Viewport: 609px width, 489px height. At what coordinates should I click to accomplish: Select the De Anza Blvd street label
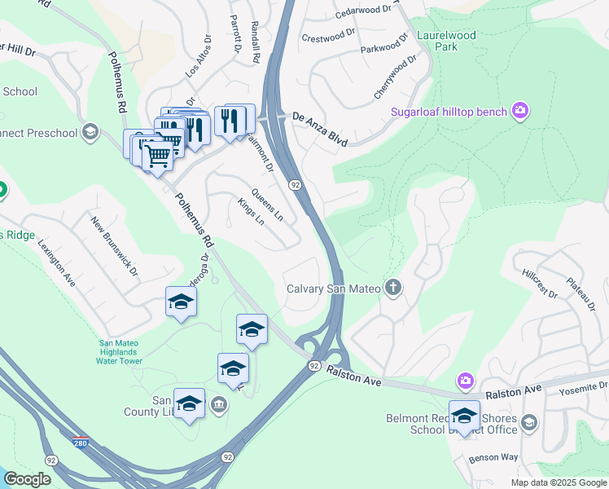point(320,129)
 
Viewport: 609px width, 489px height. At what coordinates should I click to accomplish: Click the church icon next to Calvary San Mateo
point(393,287)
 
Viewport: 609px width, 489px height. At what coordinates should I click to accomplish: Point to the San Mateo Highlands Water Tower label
point(119,352)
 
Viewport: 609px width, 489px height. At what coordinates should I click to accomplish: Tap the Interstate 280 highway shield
point(80,442)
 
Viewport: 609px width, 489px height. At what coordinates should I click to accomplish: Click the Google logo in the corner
point(27,479)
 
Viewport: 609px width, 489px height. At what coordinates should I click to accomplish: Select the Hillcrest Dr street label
point(538,282)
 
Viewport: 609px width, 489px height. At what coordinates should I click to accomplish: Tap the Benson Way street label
point(493,458)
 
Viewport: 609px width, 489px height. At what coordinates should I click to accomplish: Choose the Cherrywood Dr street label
point(396,77)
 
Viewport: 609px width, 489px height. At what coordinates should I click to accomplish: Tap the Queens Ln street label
point(267,205)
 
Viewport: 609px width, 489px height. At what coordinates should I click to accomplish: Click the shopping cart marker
point(157,155)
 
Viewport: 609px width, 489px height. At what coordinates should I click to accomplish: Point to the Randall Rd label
point(256,43)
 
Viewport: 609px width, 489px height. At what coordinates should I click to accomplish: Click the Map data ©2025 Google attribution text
point(559,482)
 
